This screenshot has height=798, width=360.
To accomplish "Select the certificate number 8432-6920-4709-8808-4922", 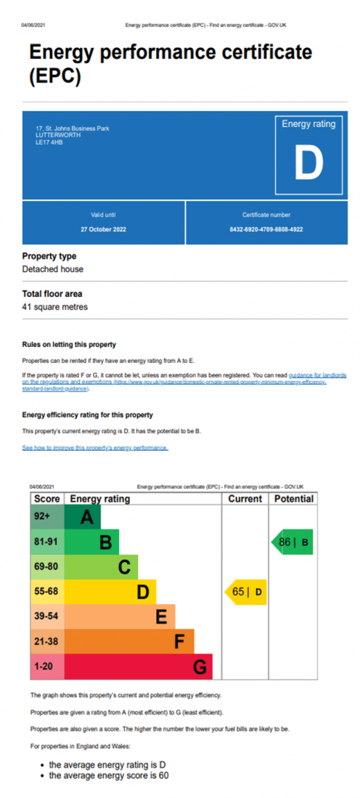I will pos(266,229).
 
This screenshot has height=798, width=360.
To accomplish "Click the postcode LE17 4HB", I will pos(49,142).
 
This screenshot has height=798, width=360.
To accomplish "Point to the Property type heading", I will pos(49,256).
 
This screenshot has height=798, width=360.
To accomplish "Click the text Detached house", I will pos(53,269).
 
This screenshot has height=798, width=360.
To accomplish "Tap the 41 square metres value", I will pos(55,307).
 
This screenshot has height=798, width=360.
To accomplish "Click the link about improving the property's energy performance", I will pos(95,448).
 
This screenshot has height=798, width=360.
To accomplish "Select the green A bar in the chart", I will pos(83,518).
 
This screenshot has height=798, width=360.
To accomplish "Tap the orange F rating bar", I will pos(130,642).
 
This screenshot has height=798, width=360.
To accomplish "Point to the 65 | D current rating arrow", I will pos(247,593).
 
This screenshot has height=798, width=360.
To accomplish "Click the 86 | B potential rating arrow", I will pos(293,542).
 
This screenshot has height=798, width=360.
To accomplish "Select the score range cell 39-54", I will pos(47,616).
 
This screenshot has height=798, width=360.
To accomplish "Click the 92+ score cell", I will pos(47,517).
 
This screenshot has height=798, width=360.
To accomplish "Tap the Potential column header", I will pos(294,499).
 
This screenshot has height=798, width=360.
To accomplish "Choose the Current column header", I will pos(245,499).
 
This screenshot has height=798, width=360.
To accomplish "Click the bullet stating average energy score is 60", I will pos(109,776).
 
